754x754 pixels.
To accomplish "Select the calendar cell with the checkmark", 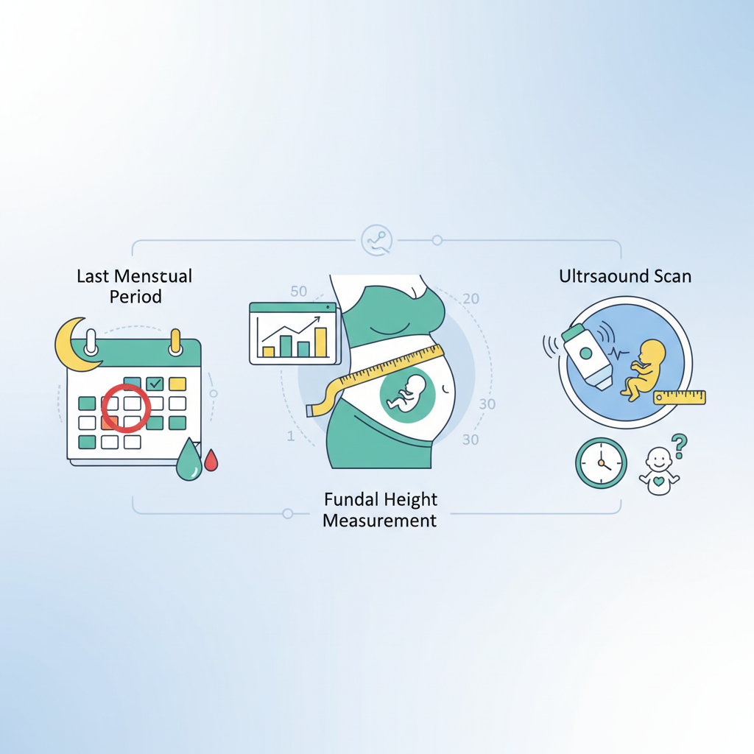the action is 155,384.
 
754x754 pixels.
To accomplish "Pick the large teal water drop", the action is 189,461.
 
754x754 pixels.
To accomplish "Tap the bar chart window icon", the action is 295,334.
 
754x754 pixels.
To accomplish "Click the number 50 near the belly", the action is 299,292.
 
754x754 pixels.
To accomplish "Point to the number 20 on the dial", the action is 471,299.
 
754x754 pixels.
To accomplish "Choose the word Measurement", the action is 380,521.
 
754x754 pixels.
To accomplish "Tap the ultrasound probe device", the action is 587,356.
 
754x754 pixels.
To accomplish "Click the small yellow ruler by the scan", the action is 680,397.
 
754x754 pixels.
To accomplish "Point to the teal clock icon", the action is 601,463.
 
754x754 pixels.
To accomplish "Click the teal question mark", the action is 679,445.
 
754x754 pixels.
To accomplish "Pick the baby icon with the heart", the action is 659,471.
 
